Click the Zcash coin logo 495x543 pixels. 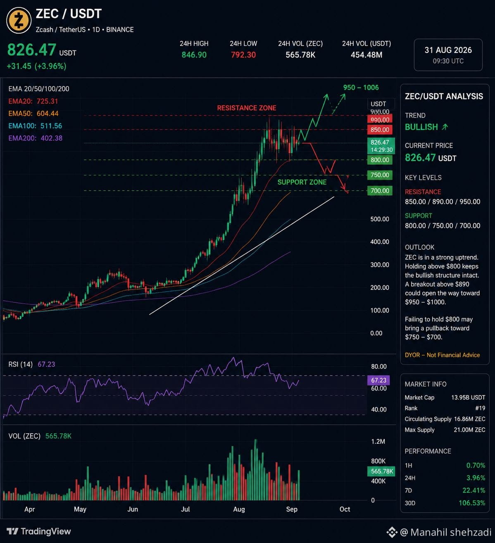coord(19,20)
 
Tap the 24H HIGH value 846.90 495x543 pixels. coord(194,55)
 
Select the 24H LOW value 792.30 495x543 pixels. coord(243,55)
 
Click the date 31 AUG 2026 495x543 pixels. coord(448,50)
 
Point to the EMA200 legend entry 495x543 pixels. coord(36,138)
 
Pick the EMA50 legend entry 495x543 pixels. coord(33,113)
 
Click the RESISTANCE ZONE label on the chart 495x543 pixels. coord(247,108)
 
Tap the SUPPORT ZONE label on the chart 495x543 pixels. coord(302,182)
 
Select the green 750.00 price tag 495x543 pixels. coord(380,175)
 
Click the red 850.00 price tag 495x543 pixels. coord(380,130)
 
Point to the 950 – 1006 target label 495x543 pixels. coord(361,87)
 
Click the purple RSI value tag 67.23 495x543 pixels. coord(378,380)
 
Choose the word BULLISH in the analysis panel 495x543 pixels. coord(421,127)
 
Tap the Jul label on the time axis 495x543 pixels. coord(185,509)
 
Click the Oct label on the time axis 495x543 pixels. coord(345,509)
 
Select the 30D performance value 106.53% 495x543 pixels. coord(472,503)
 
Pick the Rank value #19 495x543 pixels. coord(480,408)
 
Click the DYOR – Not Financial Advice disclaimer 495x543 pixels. coord(442,355)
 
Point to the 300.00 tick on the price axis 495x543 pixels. coord(379,265)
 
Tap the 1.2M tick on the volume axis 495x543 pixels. coord(378,442)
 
